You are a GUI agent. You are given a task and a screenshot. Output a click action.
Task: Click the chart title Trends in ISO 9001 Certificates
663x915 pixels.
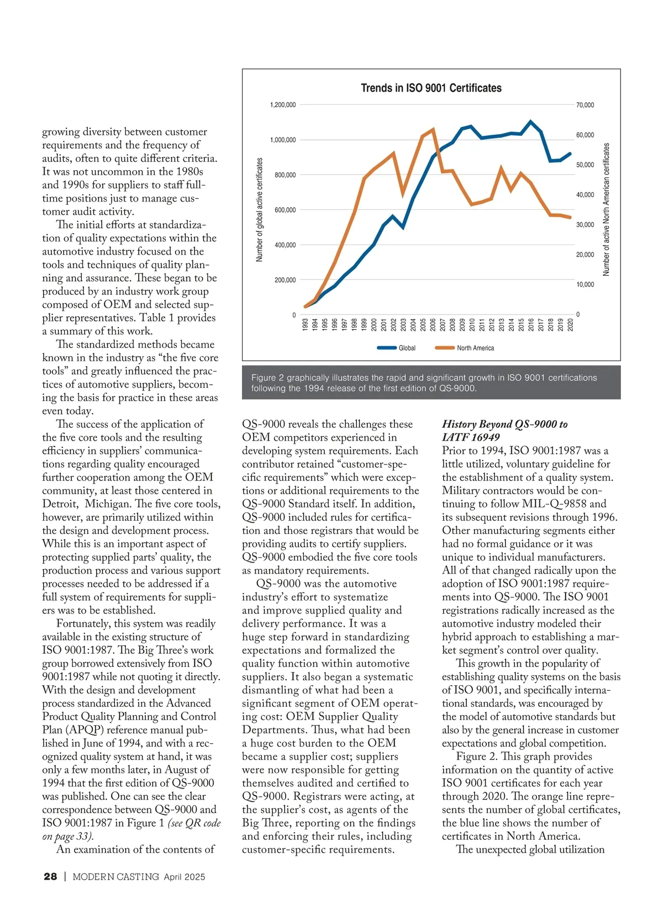tap(431, 88)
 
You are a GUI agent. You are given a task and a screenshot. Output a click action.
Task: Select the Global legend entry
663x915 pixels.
tap(407, 348)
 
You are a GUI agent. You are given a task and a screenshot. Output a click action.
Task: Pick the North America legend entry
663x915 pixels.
tap(475, 348)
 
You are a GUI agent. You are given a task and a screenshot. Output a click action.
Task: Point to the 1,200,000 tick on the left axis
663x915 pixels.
tap(283, 105)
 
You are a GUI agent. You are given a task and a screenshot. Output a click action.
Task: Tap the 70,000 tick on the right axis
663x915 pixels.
tap(585, 105)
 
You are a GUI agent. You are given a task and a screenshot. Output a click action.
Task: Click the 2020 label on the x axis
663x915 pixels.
tap(570, 324)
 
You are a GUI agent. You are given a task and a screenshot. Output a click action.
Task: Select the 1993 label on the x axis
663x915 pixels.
tap(306, 324)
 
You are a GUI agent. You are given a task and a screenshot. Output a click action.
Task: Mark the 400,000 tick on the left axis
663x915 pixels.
tap(285, 245)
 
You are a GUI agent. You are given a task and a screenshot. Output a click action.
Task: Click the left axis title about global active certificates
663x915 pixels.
tap(260, 210)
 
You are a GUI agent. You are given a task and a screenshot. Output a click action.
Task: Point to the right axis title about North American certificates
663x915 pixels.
tap(607, 210)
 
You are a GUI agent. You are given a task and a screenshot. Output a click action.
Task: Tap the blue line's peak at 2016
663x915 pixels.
tap(530, 121)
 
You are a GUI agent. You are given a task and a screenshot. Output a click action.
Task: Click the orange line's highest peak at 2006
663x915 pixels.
tap(433, 129)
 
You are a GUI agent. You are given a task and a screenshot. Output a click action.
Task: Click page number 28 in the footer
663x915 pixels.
tap(50, 876)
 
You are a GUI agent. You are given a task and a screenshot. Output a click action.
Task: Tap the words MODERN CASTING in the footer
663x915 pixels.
tap(115, 876)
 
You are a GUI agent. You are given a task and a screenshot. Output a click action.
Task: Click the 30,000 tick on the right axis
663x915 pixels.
tap(585, 225)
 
